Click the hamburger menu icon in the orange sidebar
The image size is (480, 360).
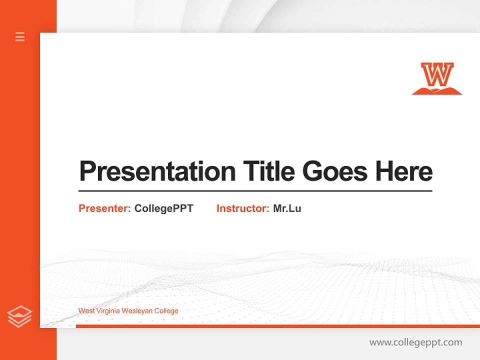point(20,36)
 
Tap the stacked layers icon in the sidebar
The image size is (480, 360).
point(19,316)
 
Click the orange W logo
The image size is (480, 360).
point(437,75)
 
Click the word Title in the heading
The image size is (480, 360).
point(268,171)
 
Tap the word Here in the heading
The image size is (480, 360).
point(403,171)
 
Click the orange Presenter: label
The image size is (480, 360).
point(104,208)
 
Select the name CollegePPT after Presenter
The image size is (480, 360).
point(163,208)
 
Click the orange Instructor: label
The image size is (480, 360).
point(242,208)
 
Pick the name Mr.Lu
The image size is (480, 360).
point(287,208)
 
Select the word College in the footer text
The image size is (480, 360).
point(166,311)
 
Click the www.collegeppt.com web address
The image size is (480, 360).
point(415,342)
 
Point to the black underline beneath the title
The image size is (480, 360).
point(255,191)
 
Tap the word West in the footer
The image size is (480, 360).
point(86,311)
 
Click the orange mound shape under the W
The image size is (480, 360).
point(437,91)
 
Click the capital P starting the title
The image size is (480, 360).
point(87,171)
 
